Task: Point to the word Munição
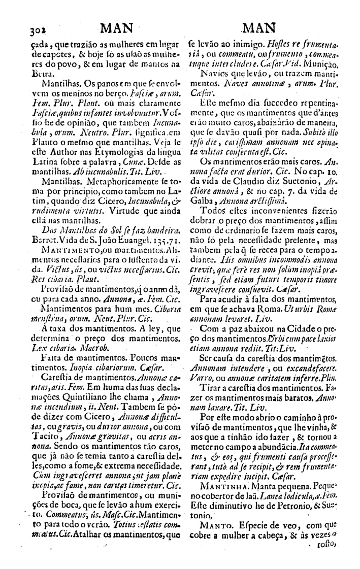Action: click(335, 64)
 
